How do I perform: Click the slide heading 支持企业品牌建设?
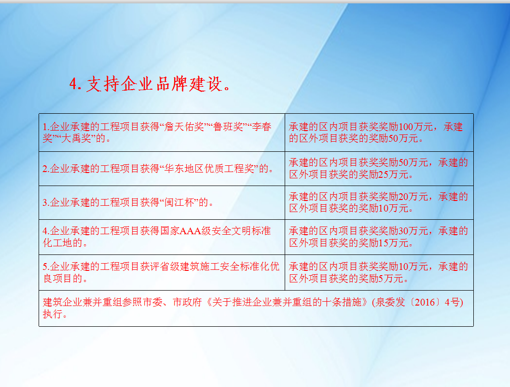[154, 84]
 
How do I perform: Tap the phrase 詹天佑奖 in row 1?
[184, 126]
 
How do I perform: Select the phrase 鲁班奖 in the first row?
[228, 126]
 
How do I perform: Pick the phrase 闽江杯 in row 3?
[179, 202]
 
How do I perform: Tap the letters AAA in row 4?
[190, 231]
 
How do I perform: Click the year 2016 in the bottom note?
[425, 302]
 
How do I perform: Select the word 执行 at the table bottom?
[53, 314]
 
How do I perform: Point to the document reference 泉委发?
[390, 302]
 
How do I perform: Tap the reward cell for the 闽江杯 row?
[379, 202]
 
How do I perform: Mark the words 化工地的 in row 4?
[62, 243]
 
